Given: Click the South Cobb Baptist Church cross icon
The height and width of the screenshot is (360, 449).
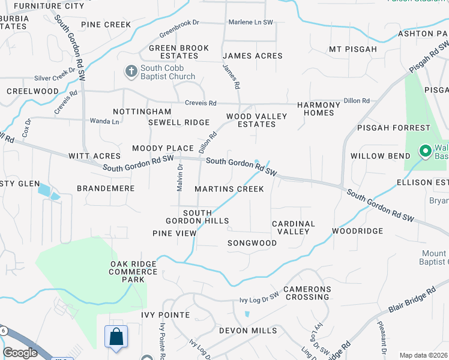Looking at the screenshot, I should [x=131, y=72].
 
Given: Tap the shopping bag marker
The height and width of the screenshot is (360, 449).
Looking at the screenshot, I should [x=116, y=337].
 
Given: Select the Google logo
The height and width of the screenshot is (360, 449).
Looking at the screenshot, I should [x=20, y=353].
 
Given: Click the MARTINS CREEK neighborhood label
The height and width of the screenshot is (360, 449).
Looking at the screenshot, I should [x=229, y=189].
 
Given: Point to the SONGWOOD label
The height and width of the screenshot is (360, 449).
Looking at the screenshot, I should [x=252, y=243].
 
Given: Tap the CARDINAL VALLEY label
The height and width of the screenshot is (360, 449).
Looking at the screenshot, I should [x=294, y=227].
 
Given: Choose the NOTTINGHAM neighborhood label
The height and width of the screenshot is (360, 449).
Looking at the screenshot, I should [x=142, y=112].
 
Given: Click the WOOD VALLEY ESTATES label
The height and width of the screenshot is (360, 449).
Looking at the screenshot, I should [x=250, y=121].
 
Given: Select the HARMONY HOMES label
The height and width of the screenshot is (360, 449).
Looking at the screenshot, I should [x=322, y=109].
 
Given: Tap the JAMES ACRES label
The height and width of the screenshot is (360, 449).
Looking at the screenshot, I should [x=256, y=56].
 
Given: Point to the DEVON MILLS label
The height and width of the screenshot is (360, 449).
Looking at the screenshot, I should [x=247, y=331].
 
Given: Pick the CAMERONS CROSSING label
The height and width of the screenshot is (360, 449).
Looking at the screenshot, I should [x=307, y=293].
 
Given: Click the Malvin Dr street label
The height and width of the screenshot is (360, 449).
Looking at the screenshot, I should [x=179, y=178].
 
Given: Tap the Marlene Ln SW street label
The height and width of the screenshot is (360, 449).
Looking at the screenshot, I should [x=251, y=22].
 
